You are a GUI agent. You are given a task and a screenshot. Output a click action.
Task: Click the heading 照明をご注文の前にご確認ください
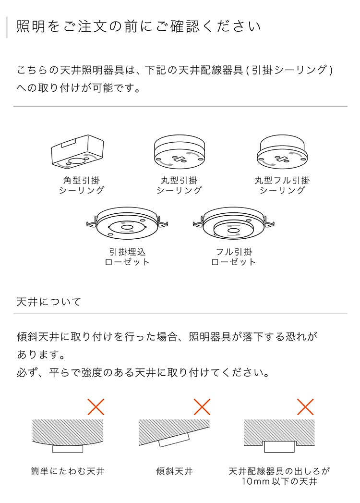(x=139, y=26)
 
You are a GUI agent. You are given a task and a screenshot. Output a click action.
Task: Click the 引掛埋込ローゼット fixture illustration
(x=127, y=223)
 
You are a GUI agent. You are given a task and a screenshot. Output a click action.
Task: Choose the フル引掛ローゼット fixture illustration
(x=233, y=223)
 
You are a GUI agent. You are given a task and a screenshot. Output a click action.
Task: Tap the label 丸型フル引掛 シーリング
(x=282, y=185)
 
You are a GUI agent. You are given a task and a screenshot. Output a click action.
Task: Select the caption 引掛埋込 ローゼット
(x=127, y=257)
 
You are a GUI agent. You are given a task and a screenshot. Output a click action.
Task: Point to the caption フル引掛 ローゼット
(x=234, y=257)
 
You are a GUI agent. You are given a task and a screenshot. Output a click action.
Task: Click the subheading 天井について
(x=49, y=302)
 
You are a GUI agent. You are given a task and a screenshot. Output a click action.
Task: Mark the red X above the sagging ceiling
(x=96, y=407)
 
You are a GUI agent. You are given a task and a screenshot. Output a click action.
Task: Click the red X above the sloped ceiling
(x=202, y=407)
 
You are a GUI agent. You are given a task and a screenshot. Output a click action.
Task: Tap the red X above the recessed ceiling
(x=305, y=407)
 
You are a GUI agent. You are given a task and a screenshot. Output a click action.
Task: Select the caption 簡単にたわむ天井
(x=68, y=471)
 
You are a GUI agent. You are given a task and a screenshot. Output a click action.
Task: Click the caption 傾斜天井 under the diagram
(x=174, y=471)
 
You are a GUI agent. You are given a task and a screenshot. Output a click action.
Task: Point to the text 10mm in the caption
(x=254, y=481)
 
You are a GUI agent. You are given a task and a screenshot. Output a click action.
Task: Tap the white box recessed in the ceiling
(x=279, y=447)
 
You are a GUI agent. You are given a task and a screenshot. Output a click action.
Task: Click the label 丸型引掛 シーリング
(x=179, y=185)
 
